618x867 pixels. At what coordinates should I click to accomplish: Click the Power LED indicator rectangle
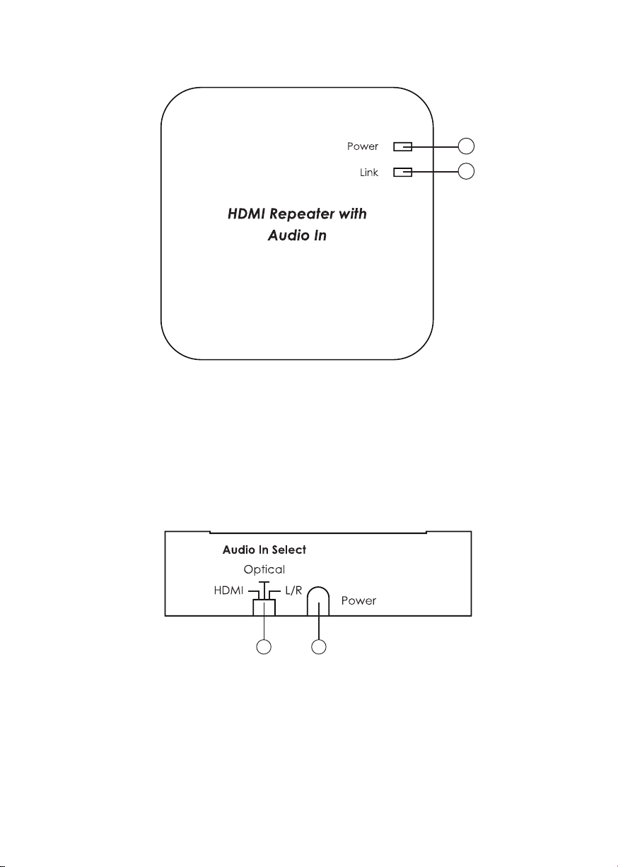tap(402, 147)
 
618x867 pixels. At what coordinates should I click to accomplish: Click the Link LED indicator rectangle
tap(402, 172)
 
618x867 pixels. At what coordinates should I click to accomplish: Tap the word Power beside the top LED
tap(363, 147)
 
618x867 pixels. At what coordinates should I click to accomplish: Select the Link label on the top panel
tap(369, 173)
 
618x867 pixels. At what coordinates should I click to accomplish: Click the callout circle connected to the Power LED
tap(466, 146)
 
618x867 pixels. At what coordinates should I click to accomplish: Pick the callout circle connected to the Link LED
tap(466, 171)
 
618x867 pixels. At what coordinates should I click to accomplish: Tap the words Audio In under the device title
tap(297, 235)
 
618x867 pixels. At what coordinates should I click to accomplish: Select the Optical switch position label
tap(264, 569)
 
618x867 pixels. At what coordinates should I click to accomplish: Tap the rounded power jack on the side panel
tap(319, 601)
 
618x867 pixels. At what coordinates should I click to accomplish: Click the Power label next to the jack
tap(359, 601)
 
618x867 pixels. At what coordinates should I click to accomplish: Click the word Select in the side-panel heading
tap(288, 550)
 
